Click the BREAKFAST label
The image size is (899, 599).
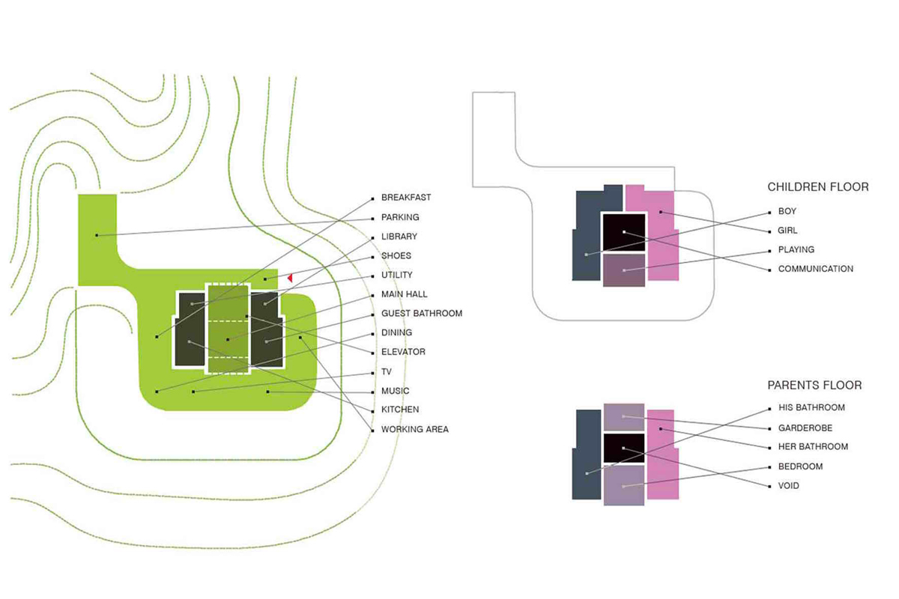pos(405,198)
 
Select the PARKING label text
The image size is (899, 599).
pos(400,217)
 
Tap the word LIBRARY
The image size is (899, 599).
pos(399,237)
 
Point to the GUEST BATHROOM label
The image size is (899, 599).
pos(421,314)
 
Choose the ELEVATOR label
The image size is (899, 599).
pos(403,352)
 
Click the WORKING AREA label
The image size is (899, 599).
pos(414,430)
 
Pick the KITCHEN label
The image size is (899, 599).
pos(400,410)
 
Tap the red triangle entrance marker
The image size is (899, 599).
pos(289,278)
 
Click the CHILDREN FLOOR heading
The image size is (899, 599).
pos(818,186)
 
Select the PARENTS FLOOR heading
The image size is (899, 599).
pos(814,386)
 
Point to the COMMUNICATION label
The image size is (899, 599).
pos(815,269)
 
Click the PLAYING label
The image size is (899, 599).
pos(796,249)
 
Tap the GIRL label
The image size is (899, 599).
pos(788,231)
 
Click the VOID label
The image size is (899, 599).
pos(788,486)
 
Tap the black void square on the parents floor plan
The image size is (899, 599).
pos(623,448)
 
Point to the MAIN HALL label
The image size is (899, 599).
pos(404,294)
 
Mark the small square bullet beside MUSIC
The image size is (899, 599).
pos(372,392)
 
